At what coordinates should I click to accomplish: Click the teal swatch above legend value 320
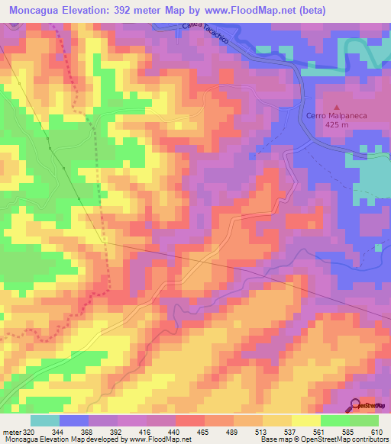(45, 420)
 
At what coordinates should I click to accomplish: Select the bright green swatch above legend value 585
(335, 420)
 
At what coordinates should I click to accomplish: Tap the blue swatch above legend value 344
(74, 420)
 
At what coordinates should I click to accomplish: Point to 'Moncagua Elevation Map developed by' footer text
(51, 439)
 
